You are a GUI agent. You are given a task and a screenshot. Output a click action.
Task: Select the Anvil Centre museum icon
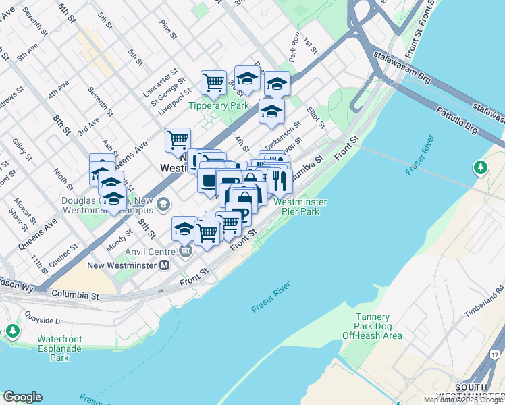pos(186,252)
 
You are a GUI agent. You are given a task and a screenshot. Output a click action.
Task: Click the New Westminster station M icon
pos(164,266)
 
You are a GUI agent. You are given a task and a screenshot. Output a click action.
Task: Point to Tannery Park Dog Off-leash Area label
pos(374,326)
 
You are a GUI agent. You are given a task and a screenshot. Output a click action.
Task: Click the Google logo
pos(22,397)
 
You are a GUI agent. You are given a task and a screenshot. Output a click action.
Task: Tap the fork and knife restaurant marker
pos(279,181)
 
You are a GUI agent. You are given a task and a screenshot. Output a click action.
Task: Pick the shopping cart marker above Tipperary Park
pos(214,83)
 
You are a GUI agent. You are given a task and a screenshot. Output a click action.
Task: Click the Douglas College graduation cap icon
pos(163,204)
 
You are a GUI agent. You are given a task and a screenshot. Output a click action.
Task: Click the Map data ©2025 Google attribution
pos(463,400)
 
